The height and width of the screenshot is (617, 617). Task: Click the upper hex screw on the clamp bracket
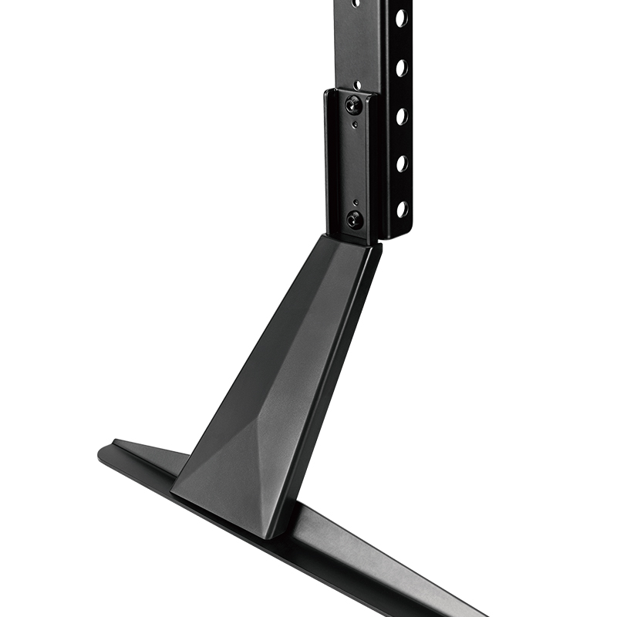[352, 104]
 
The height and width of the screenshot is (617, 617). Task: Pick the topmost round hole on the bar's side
[401, 17]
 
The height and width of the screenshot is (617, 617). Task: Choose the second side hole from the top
[401, 66]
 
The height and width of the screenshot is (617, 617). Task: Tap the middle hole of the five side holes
[401, 116]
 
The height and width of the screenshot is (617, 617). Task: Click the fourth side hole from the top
[401, 163]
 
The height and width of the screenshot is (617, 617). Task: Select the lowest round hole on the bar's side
[401, 208]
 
